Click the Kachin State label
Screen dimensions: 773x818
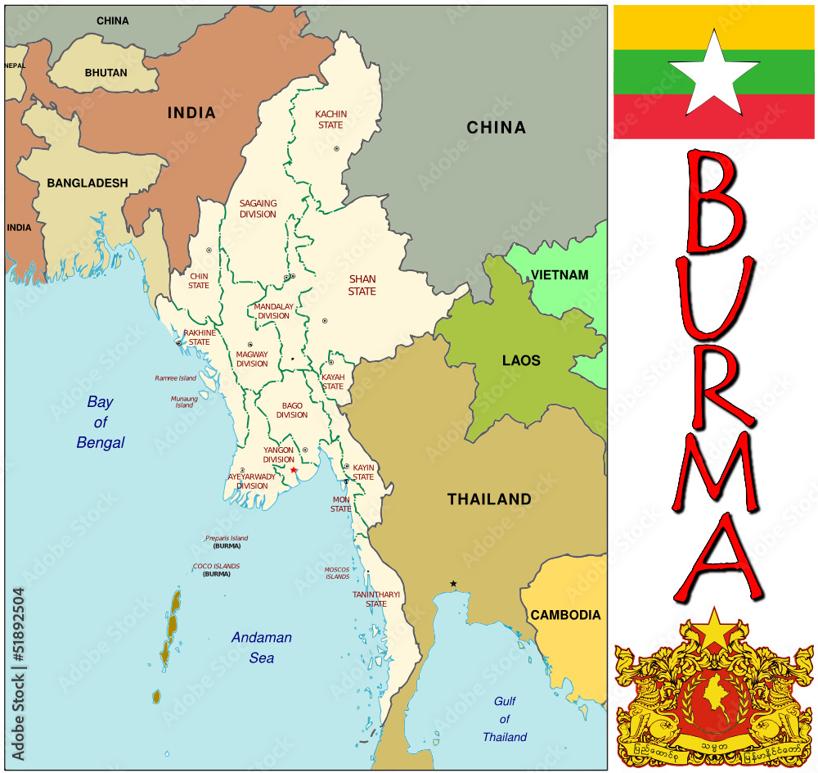330,120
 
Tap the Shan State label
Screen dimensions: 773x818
362,285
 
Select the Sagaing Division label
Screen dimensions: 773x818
258,209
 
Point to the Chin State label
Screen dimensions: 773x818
199,281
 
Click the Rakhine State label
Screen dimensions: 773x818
200,337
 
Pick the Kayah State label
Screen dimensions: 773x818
333,382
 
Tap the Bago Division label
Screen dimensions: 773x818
292,410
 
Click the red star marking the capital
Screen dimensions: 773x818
294,470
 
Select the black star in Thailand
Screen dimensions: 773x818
453,584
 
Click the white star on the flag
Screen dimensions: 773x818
714,75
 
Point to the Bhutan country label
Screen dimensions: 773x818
106,72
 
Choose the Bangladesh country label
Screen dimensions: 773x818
87,183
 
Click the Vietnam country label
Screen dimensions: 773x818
560,274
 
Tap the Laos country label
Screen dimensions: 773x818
521,360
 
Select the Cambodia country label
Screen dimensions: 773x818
565,615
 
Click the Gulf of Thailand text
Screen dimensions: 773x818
505,719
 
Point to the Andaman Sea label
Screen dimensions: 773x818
262,647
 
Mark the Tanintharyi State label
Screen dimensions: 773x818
376,599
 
